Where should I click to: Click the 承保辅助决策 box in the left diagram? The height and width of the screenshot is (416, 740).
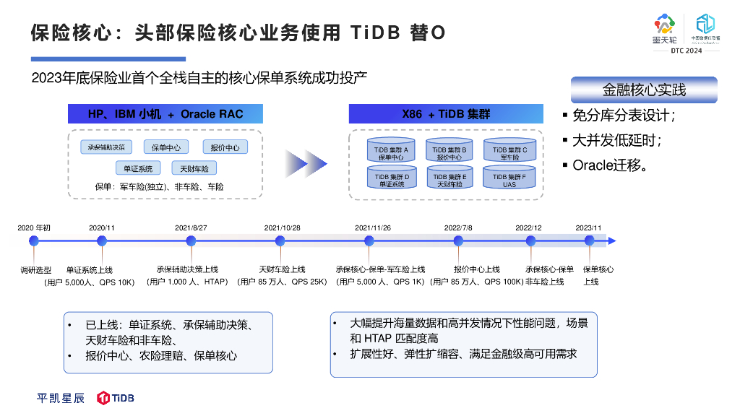106,147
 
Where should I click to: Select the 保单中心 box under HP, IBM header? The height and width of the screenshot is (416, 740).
166,147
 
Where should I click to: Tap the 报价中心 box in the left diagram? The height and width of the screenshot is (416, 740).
225,147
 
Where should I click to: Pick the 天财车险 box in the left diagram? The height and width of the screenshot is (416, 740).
194,168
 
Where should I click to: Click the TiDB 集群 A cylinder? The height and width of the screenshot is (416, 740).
391,151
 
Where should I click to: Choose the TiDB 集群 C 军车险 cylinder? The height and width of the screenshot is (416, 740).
509,151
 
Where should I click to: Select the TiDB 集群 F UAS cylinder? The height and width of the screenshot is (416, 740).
509,178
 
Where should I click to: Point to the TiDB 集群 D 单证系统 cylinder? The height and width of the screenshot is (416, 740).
391,178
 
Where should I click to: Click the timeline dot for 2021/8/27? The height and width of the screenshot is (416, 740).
191,241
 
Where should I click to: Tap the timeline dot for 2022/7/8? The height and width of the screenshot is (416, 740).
458,241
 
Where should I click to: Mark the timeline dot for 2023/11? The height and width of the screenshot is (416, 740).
589,241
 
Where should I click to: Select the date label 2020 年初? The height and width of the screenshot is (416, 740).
34,228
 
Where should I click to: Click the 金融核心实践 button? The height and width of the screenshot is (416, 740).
644,90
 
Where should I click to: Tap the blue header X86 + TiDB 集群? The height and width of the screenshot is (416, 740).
446,114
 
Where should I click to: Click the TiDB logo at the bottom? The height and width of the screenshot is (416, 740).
116,398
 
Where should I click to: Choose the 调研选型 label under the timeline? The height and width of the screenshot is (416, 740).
34,269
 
